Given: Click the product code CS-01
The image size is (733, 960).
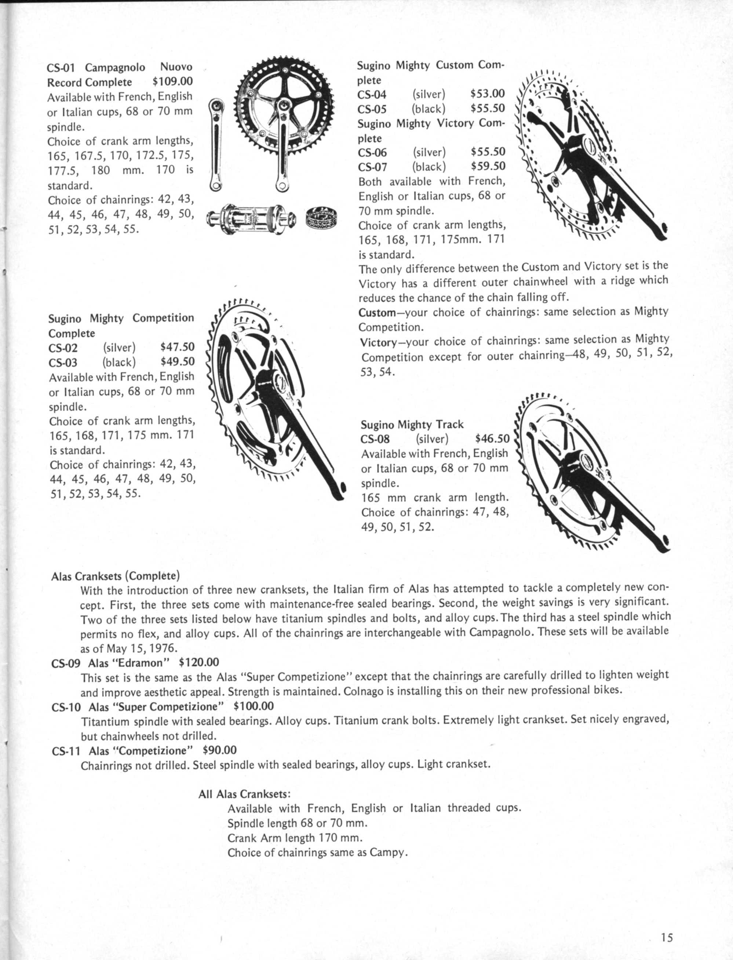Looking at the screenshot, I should point(61,68).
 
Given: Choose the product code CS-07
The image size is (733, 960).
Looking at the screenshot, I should point(372,167).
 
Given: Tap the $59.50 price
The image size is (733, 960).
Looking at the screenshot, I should point(488,166).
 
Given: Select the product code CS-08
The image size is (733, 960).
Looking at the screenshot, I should point(375,439).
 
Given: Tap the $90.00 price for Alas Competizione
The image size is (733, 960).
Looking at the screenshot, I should point(219,750).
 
